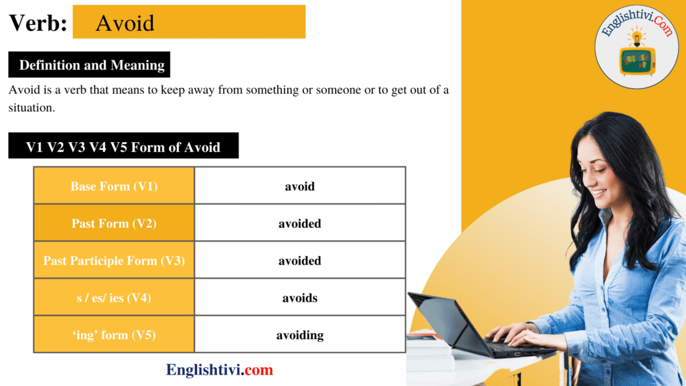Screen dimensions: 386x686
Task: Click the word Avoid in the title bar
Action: point(125,23)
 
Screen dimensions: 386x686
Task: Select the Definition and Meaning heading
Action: point(92,65)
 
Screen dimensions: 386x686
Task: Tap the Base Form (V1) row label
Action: point(114,186)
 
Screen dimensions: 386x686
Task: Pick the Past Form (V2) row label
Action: point(114,223)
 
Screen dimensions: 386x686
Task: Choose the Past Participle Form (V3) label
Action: point(114,261)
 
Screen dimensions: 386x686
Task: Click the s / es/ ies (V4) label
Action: point(114,298)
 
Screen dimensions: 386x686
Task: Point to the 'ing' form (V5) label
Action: point(114,335)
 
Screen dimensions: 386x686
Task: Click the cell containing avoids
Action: point(299,298)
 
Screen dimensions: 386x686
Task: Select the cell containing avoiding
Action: point(299,335)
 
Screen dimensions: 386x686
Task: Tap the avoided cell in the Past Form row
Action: point(299,223)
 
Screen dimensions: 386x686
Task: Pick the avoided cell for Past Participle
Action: point(299,261)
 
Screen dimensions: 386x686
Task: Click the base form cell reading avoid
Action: point(299,186)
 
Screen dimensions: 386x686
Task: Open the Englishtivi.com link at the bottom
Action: point(220,370)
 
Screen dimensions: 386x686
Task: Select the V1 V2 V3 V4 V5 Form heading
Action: point(123,147)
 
